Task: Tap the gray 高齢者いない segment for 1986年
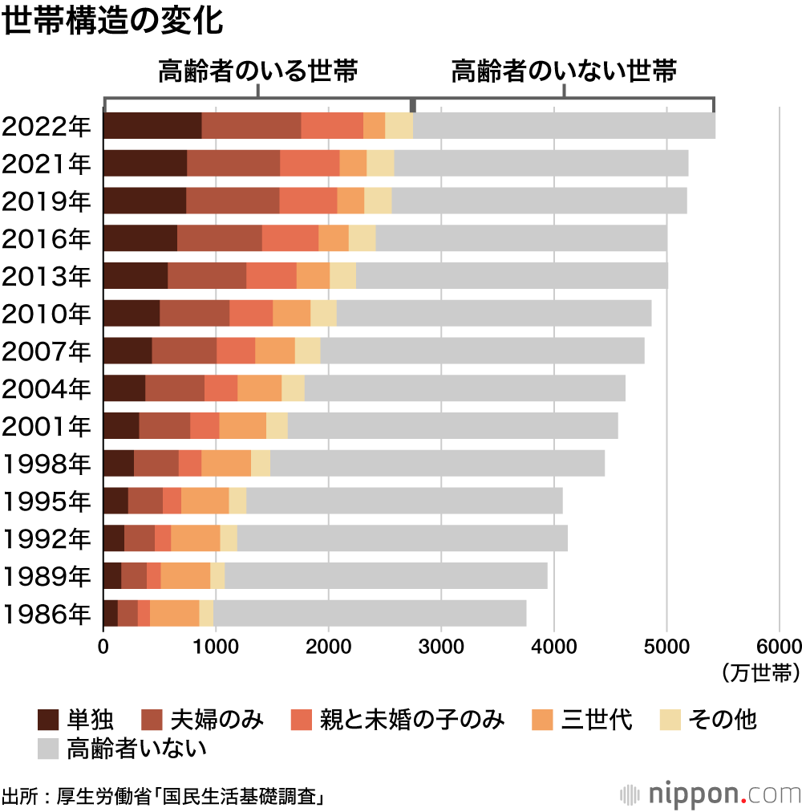pyautogui.click(x=370, y=613)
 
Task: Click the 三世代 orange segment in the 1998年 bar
pyautogui.click(x=226, y=464)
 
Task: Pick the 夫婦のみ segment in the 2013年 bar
pyautogui.click(x=207, y=275)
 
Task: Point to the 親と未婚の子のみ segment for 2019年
pyautogui.click(x=308, y=201)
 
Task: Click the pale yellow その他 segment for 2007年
pyautogui.click(x=307, y=351)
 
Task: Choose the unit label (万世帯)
pyautogui.click(x=759, y=672)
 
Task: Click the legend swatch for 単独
pyautogui.click(x=49, y=720)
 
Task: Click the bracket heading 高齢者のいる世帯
pyautogui.click(x=257, y=71)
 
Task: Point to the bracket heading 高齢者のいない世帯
pyautogui.click(x=564, y=71)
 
